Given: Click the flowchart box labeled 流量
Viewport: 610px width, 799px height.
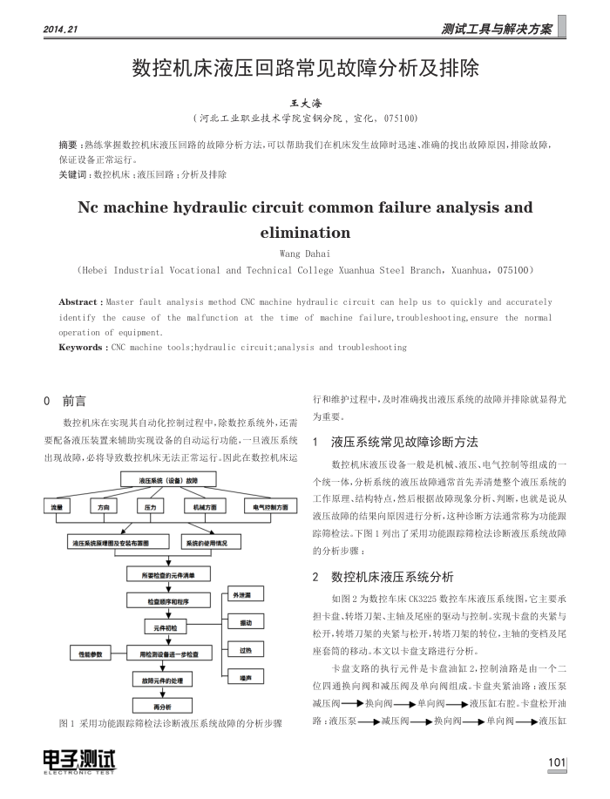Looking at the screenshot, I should (x=58, y=506).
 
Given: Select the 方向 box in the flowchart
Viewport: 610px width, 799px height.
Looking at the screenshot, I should (x=105, y=506).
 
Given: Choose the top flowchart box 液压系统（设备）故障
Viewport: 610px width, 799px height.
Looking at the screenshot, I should (x=169, y=481).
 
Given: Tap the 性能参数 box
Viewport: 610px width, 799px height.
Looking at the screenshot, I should (x=90, y=653).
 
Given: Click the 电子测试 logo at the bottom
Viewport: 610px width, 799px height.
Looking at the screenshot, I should (x=79, y=762).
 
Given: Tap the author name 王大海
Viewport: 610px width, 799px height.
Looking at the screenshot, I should (x=305, y=103).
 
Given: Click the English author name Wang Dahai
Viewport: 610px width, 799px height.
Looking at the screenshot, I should (x=305, y=253).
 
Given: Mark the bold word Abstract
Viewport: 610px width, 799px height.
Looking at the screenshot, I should (x=78, y=302).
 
